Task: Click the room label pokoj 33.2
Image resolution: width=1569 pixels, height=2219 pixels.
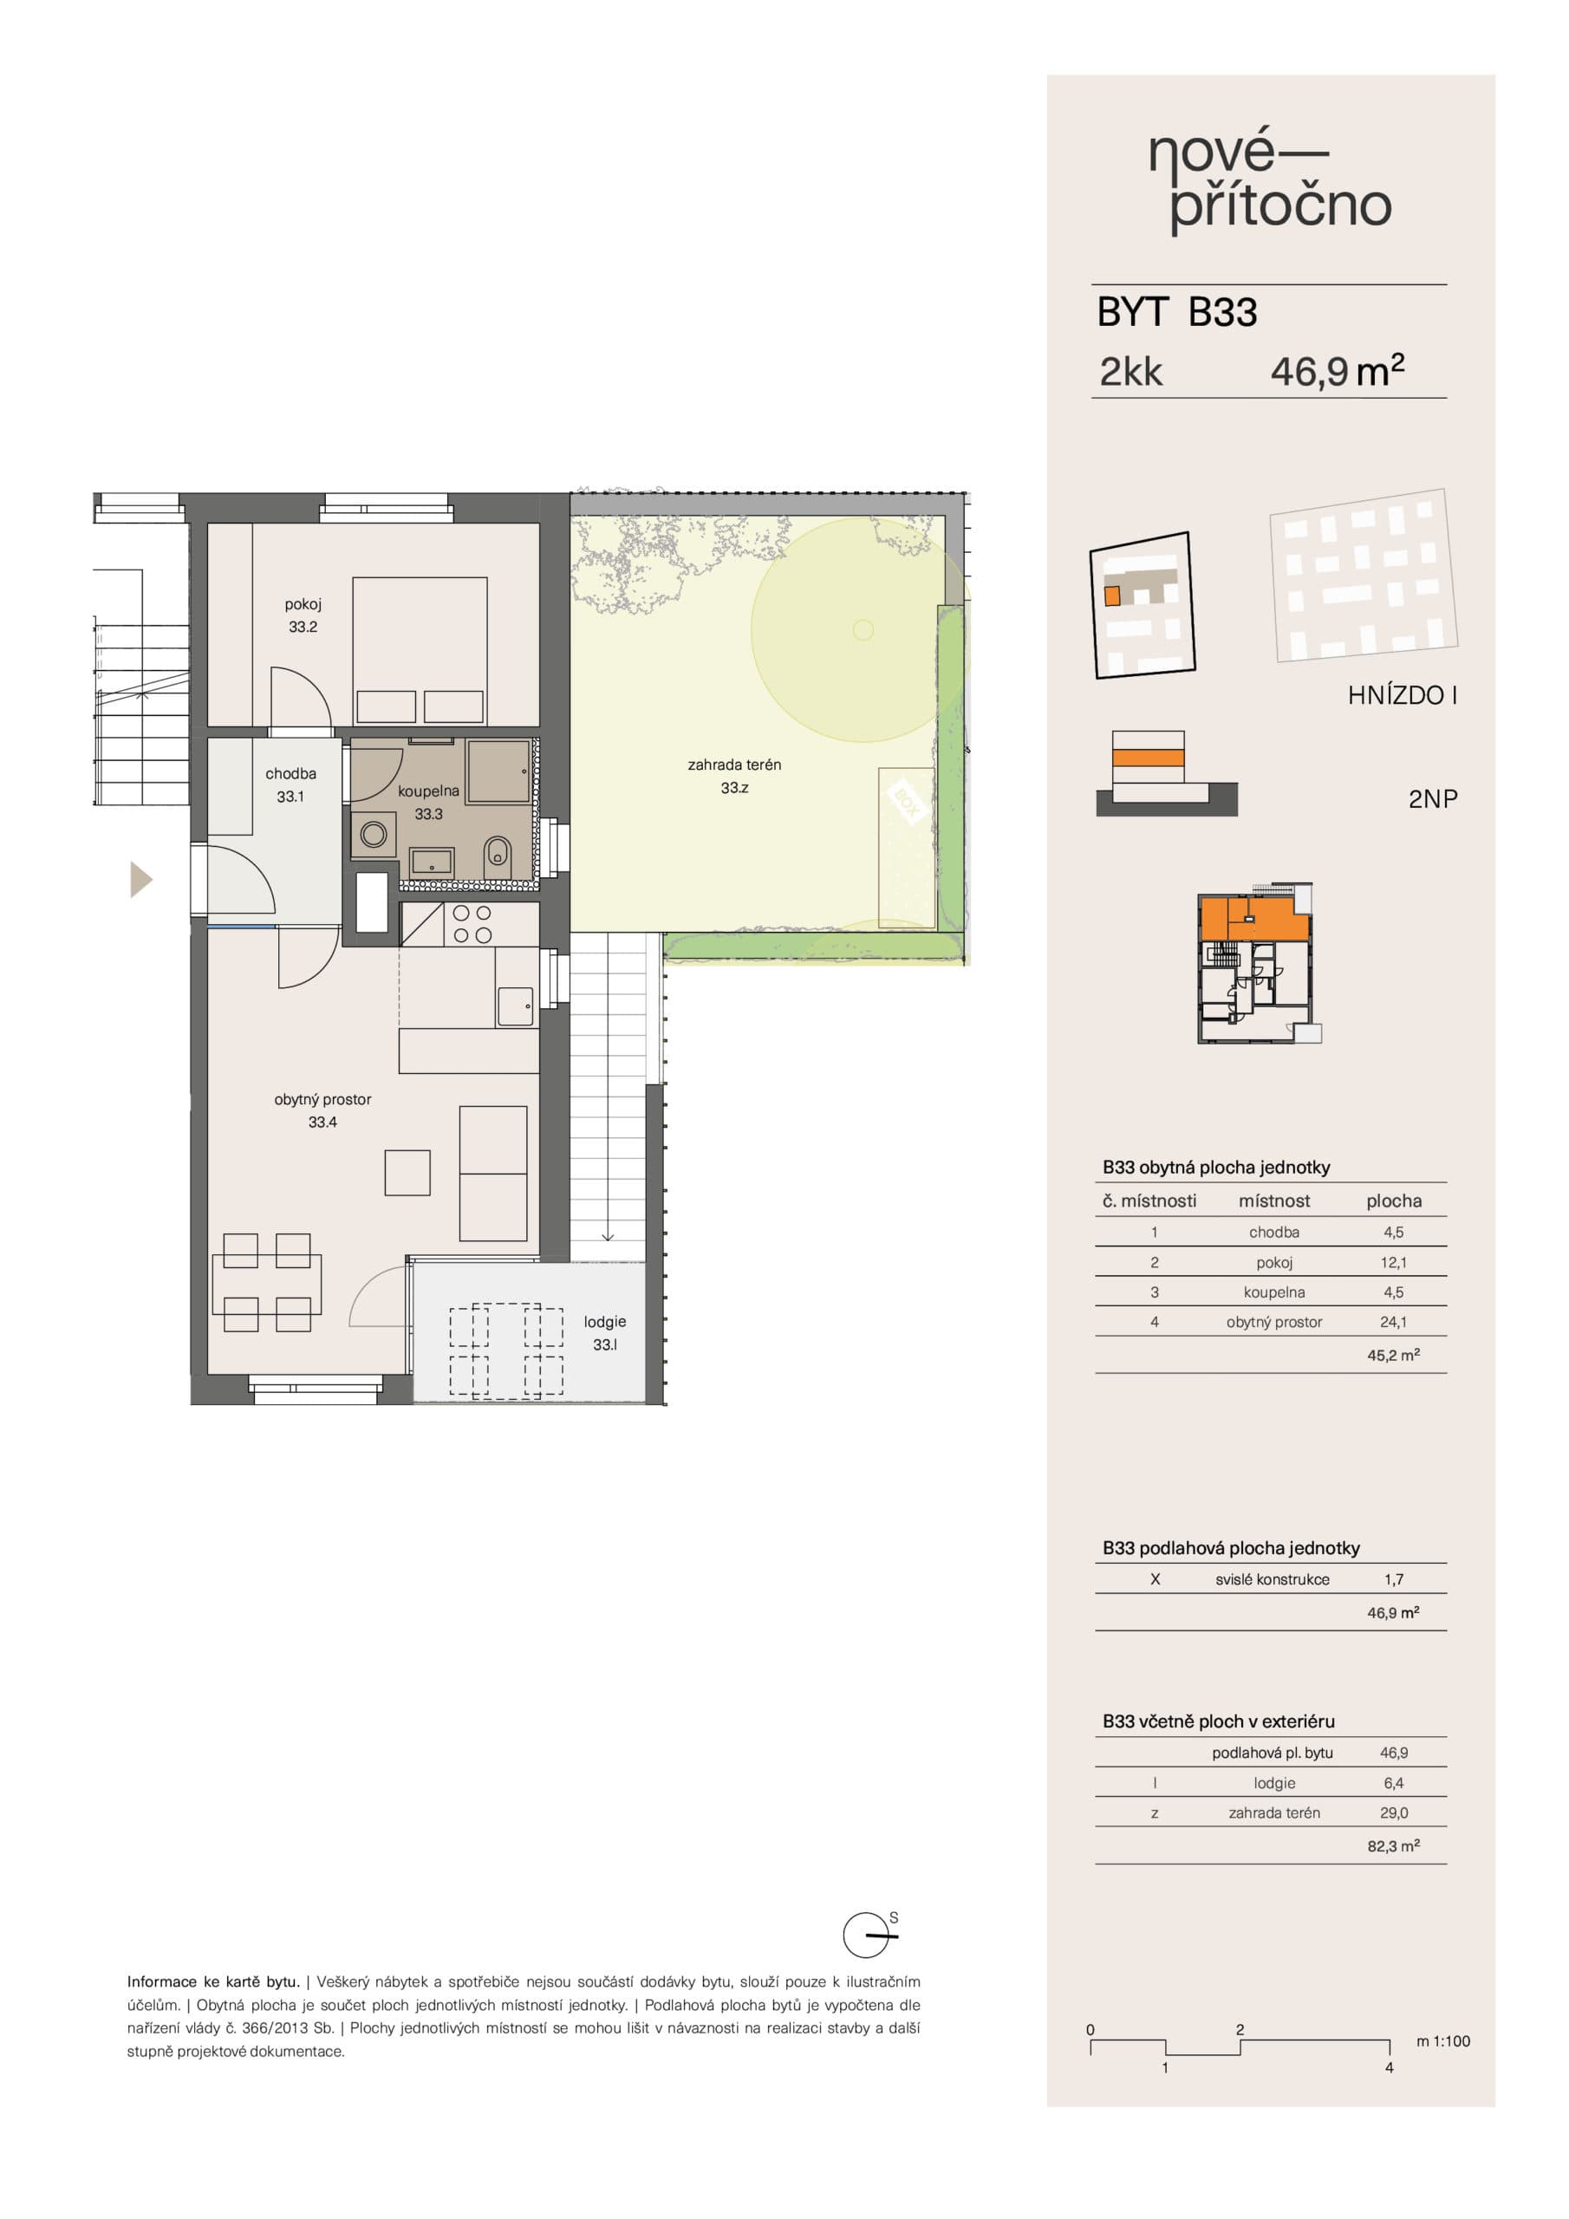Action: [x=303, y=615]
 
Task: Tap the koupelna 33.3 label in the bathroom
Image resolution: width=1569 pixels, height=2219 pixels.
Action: [x=428, y=802]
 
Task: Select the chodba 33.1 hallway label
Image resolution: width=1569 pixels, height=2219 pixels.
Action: [x=290, y=784]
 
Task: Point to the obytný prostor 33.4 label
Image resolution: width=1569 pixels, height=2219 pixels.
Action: [x=322, y=1110]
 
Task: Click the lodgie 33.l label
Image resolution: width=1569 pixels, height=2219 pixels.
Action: [x=604, y=1333]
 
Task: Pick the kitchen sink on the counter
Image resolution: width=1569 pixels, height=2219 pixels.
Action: [x=515, y=1006]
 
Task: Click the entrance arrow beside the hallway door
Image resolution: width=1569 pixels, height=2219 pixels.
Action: [x=140, y=880]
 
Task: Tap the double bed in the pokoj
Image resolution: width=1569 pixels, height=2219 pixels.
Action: [x=420, y=650]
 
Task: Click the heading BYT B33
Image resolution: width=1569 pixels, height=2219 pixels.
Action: [x=1176, y=312]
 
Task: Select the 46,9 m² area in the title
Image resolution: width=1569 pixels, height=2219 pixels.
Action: [x=1337, y=371]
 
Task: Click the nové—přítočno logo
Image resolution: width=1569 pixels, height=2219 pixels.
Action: [x=1270, y=182]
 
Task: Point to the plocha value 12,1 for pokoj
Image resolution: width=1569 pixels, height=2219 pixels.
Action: [x=1393, y=1262]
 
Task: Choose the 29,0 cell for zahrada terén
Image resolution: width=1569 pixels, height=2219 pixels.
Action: [x=1393, y=1813]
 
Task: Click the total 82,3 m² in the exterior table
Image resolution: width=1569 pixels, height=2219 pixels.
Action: [x=1393, y=1846]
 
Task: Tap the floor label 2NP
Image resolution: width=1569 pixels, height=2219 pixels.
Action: [x=1433, y=799]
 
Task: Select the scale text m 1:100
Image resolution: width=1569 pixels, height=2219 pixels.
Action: [x=1442, y=2041]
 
